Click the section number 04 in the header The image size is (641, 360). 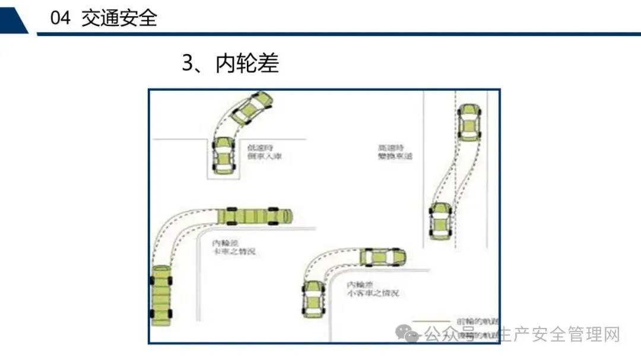pyautogui.click(x=61, y=18)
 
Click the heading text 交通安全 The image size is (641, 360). pyautogui.click(x=119, y=18)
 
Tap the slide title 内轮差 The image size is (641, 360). pyautogui.click(x=247, y=63)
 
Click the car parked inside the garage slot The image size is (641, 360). pyautogui.click(x=223, y=155)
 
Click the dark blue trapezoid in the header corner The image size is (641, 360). pyautogui.click(x=13, y=18)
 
